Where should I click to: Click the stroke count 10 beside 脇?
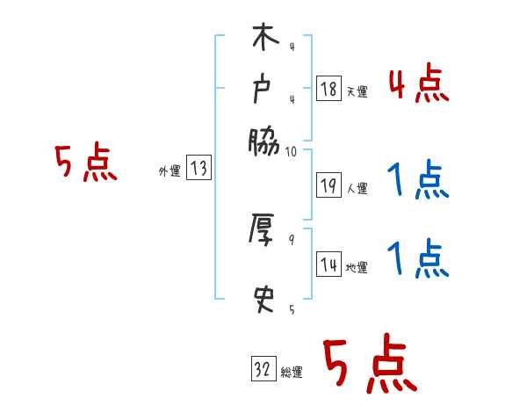click(x=292, y=151)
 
